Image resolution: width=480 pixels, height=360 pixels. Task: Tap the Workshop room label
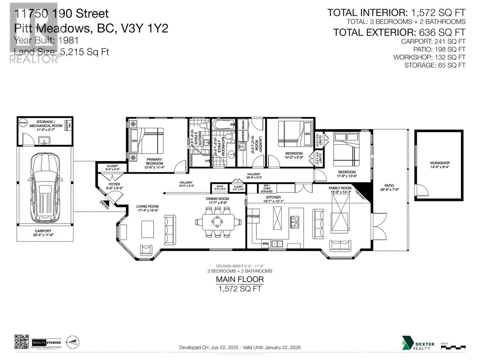440,165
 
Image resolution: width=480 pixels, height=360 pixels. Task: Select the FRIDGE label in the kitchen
253,216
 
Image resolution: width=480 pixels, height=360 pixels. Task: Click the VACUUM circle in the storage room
23,123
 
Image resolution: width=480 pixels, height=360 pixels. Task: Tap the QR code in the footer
22,342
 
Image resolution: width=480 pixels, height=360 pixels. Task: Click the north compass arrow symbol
73,342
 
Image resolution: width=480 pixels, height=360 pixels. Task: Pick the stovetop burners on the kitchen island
295,222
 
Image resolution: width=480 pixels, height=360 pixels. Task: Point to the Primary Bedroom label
154,161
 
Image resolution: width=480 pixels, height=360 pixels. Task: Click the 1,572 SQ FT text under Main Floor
240,289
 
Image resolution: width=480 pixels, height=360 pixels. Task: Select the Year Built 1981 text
46,40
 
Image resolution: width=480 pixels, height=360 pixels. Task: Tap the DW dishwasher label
265,244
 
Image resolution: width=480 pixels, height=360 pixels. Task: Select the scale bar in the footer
453,347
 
